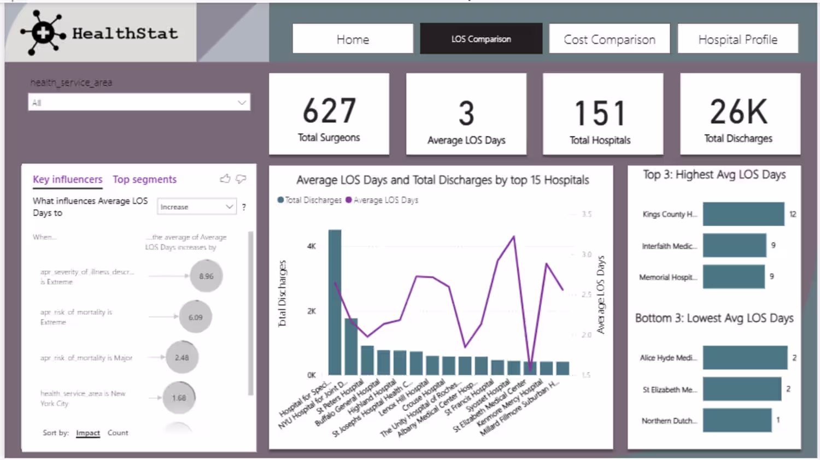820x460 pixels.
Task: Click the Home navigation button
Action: (x=353, y=39)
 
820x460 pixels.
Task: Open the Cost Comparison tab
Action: (x=609, y=39)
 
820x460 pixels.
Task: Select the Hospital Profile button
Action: (x=737, y=39)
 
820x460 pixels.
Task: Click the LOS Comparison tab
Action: (x=481, y=39)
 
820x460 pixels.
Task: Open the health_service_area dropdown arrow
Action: (x=242, y=102)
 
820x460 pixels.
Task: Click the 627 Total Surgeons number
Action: (x=329, y=111)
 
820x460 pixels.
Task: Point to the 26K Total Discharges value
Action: (x=739, y=111)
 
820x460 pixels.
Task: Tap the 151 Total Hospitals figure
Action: (x=600, y=113)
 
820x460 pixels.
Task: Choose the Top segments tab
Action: (x=144, y=179)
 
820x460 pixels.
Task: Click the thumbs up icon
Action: (x=225, y=179)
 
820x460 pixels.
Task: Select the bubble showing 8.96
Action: (x=206, y=276)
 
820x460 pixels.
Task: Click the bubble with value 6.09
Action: (x=195, y=317)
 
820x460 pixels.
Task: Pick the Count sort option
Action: (x=118, y=433)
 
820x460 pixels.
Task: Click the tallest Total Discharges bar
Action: (x=335, y=302)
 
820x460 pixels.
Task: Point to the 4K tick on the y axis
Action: (x=311, y=246)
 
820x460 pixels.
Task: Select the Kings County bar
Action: (x=743, y=214)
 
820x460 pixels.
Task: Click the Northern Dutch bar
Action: (x=736, y=420)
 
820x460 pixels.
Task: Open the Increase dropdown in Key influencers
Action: (x=197, y=207)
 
